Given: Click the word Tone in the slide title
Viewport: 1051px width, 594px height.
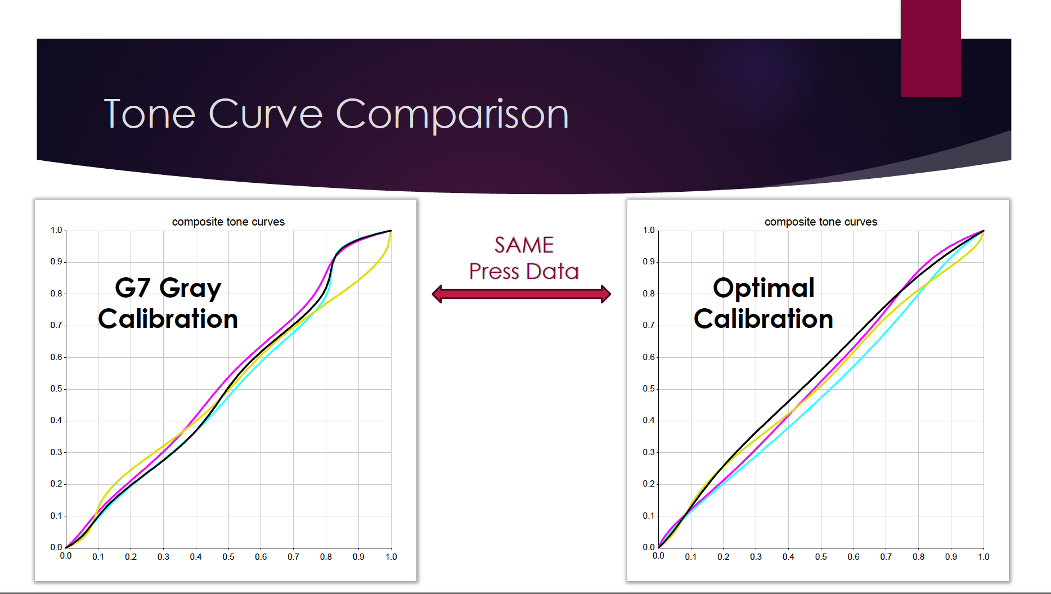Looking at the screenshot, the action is (150, 114).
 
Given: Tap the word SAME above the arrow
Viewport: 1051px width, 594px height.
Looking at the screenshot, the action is (524, 245).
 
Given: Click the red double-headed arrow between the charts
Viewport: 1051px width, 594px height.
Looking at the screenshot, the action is (522, 294).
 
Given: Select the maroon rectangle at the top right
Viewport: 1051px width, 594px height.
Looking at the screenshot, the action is (931, 48).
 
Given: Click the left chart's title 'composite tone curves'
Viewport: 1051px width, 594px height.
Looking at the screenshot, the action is (228, 222).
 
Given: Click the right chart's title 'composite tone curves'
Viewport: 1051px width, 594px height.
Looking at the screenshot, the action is (821, 222).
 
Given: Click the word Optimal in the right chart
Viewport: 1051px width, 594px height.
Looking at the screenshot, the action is (763, 288).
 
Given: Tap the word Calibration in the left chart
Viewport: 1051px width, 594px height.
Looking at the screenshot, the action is (168, 319).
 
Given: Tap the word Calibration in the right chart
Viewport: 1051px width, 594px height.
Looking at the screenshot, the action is (763, 319).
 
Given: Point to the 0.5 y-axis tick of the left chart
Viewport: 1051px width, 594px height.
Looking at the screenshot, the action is (56, 389).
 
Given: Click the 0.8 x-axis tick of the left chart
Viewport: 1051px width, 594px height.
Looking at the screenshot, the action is (326, 557).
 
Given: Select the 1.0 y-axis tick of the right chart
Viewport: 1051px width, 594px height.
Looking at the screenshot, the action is (649, 230).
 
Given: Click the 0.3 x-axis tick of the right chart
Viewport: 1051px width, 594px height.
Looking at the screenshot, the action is (756, 557).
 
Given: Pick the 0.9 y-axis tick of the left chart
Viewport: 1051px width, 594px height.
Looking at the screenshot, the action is (56, 262).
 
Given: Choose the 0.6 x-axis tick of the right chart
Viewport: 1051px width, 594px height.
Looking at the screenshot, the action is (854, 557).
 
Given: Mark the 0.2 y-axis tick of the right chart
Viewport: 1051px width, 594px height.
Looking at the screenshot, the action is (649, 484).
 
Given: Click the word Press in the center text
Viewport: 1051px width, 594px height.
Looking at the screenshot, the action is (494, 272).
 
